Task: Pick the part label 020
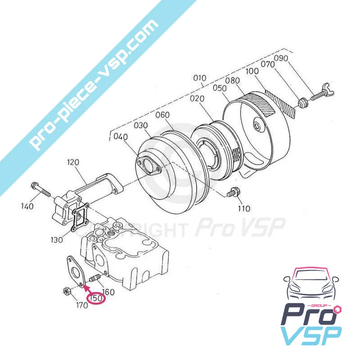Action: (x=198, y=99)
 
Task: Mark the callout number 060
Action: (x=162, y=115)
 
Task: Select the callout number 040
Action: (x=121, y=136)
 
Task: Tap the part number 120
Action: (x=73, y=161)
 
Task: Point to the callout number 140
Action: (x=27, y=207)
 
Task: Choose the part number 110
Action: (x=244, y=209)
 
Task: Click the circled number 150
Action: (x=96, y=298)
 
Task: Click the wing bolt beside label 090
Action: (x=318, y=97)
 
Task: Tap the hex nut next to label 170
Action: (x=66, y=292)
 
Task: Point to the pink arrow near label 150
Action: (x=88, y=287)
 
